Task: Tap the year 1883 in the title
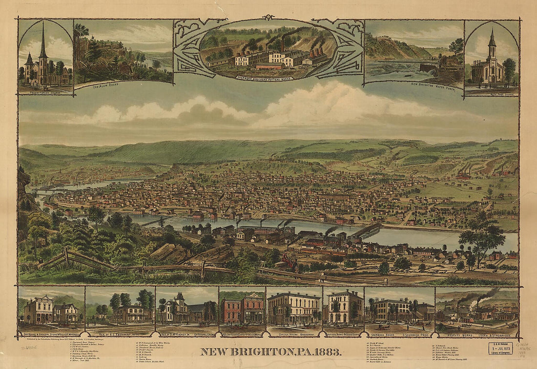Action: coord(328,351)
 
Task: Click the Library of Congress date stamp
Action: coord(500,348)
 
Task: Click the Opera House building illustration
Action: coord(293,308)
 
